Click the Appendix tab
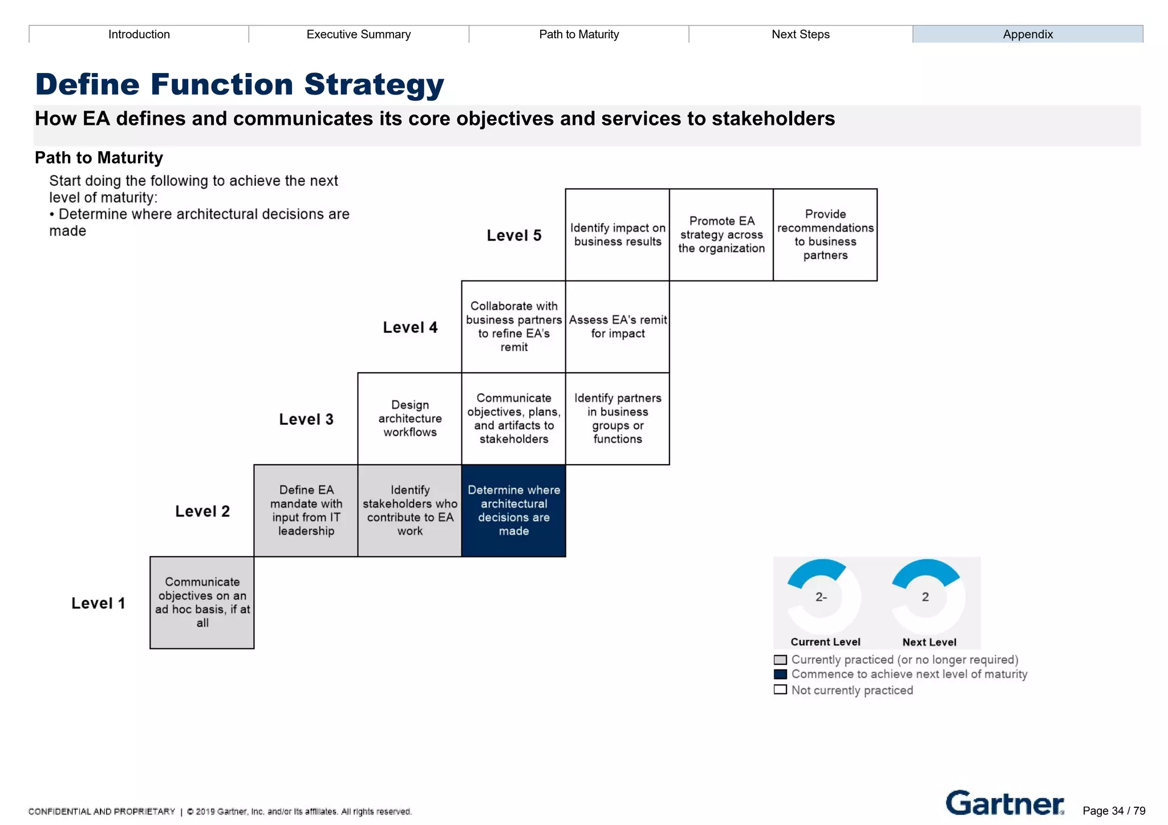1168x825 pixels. tap(1027, 34)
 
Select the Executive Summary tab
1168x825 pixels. tap(358, 34)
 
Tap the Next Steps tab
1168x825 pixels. tap(800, 34)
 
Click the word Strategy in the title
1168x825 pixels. tap(374, 84)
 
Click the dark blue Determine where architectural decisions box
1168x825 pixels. tap(513, 510)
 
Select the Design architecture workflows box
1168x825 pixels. tap(409, 418)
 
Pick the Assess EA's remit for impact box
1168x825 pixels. tap(618, 327)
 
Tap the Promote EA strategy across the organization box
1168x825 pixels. tap(721, 234)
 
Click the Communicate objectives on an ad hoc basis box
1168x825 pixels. tap(202, 602)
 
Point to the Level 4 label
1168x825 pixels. tap(410, 327)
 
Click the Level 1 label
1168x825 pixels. tap(98, 603)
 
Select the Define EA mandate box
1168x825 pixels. tap(306, 510)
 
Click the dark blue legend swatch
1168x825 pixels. tap(780, 674)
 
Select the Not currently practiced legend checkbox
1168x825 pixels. tap(780, 690)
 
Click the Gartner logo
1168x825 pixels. tap(1004, 803)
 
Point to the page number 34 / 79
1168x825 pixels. tap(1113, 811)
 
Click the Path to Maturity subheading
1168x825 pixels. tap(99, 157)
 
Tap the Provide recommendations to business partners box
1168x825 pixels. tap(825, 234)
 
